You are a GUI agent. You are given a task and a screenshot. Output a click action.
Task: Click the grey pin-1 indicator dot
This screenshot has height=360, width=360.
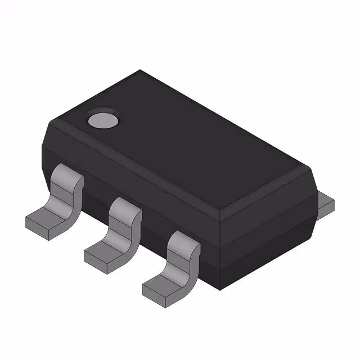tap(103, 119)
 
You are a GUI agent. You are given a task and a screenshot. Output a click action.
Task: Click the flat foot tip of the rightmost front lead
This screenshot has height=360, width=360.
tap(160, 286)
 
